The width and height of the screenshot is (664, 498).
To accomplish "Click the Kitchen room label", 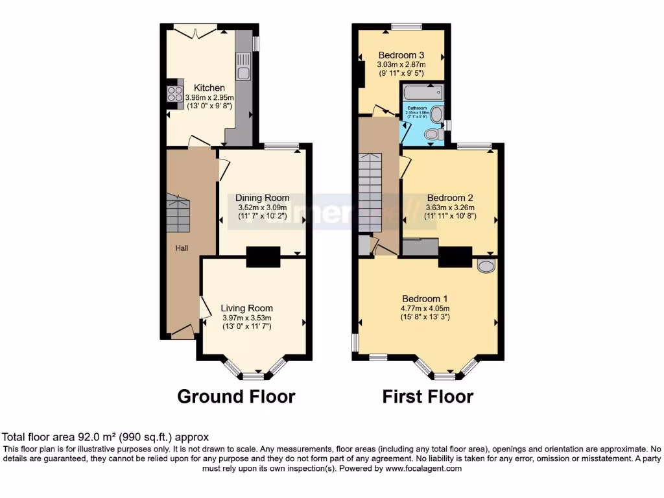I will (209, 88).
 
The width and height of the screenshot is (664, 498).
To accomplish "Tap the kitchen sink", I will (244, 65).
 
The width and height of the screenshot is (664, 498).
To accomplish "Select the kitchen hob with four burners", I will (175, 94).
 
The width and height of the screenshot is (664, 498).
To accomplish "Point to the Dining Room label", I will (262, 198).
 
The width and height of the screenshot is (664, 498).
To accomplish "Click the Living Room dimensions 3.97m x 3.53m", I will (246, 318).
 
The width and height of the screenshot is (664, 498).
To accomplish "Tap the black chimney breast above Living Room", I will (263, 257).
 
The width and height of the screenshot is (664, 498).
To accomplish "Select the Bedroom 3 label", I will (401, 55).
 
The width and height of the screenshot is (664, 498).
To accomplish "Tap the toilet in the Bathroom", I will (433, 134).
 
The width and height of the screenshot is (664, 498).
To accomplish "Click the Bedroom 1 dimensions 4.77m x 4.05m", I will (425, 309).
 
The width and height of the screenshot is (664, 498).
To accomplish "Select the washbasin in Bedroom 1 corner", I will (485, 265).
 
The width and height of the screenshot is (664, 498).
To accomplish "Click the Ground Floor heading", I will (236, 396).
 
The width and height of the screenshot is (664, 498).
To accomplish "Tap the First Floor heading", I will (427, 396).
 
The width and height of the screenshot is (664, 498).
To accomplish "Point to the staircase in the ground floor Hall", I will (177, 214).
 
